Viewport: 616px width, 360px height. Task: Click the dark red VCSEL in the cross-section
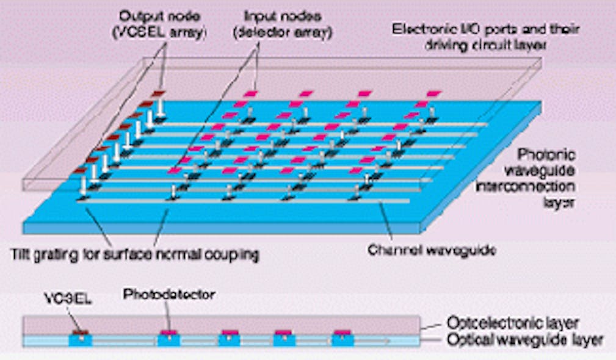(80, 332)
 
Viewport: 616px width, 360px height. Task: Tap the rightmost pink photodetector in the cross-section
(342, 331)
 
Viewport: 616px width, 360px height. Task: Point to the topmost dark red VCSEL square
(159, 93)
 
